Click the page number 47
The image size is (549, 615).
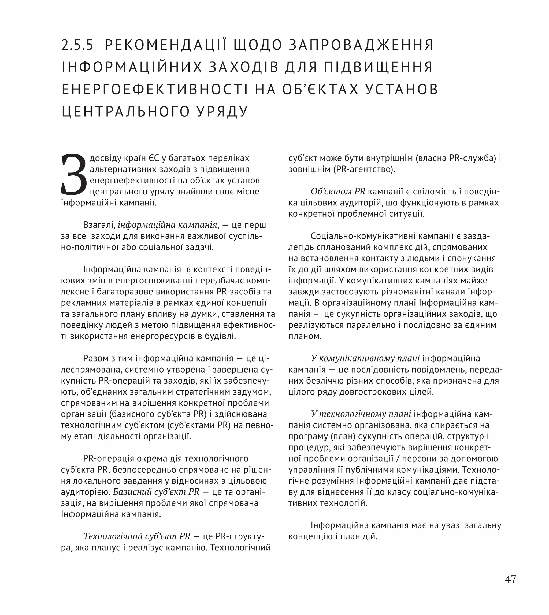tap(510, 579)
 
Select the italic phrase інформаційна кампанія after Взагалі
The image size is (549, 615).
tap(168, 225)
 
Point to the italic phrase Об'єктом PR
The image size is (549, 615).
tap(338, 192)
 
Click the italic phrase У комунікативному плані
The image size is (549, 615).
tap(365, 359)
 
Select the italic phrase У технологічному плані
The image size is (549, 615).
tap(361, 414)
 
